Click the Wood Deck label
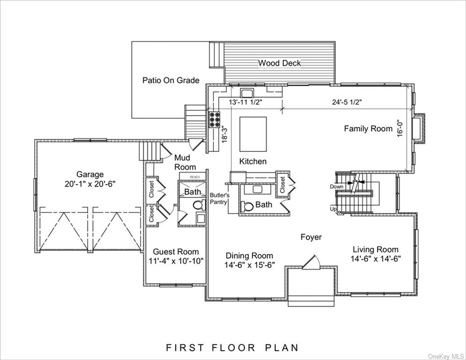pos(279,63)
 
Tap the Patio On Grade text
pos(171,80)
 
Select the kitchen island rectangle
pos(253,134)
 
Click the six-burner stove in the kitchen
pos(215,120)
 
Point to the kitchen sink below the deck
pos(247,93)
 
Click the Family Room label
pos(368,128)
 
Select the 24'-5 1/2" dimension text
pos(347,102)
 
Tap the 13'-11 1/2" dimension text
pos(245,102)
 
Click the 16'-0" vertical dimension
pos(400,128)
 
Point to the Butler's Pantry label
pos(219,198)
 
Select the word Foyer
pos(311,237)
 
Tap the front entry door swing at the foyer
pos(312,262)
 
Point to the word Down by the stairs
pos(336,187)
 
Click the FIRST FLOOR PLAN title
pos(232,347)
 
